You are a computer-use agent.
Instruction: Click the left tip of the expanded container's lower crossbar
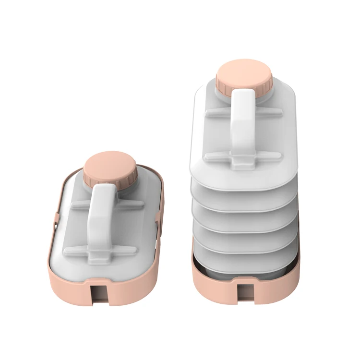click(206, 156)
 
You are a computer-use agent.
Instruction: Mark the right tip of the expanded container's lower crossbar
click(280, 156)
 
